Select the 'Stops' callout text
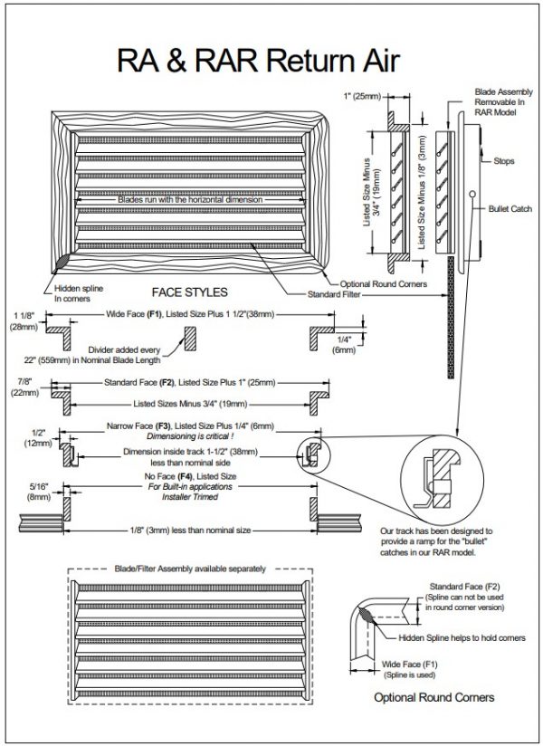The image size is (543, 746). [504, 161]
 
